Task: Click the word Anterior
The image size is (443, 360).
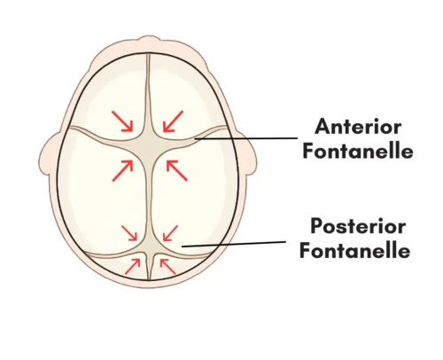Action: click(358, 127)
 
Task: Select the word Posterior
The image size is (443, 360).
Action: click(358, 226)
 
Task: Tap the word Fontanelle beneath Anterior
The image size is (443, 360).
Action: click(358, 151)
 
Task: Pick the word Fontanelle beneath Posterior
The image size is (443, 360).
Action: click(355, 251)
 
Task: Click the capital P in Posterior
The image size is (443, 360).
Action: click(316, 226)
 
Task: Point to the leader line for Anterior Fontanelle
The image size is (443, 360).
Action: click(245, 138)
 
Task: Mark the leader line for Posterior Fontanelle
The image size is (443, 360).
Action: click(234, 244)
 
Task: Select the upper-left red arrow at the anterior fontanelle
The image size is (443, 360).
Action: click(122, 121)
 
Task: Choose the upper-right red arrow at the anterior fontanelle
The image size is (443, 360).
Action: click(173, 121)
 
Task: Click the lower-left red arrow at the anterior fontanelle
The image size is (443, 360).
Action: click(122, 170)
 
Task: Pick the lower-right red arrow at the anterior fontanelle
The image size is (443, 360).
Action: click(176, 170)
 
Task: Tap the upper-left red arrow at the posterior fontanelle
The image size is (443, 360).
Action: click(129, 233)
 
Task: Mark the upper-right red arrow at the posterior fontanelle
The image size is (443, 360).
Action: click(170, 233)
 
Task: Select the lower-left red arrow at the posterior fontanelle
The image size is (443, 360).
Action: click(132, 266)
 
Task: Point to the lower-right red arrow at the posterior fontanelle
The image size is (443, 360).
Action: click(167, 266)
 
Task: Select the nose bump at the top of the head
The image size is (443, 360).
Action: click(149, 41)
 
